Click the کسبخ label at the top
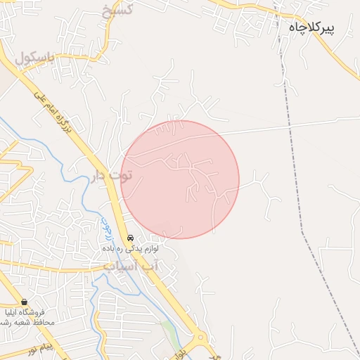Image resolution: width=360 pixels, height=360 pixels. point(116,10)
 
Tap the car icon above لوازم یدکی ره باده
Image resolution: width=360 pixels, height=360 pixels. point(130,238)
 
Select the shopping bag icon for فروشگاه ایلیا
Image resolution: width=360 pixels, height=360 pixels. point(25,301)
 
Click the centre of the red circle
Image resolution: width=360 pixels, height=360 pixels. point(180,179)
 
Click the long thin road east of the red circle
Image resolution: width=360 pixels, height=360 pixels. point(295,124)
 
